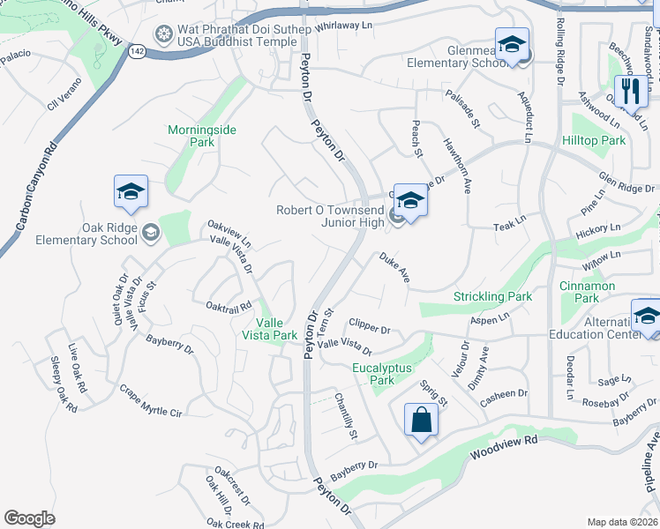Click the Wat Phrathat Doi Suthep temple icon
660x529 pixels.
click(x=163, y=35)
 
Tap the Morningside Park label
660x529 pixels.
click(x=202, y=136)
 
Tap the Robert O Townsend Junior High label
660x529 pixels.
click(x=330, y=216)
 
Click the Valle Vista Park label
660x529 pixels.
click(x=270, y=328)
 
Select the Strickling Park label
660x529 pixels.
click(x=492, y=297)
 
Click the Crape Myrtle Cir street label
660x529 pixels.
click(x=151, y=401)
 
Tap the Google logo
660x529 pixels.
click(x=29, y=518)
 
